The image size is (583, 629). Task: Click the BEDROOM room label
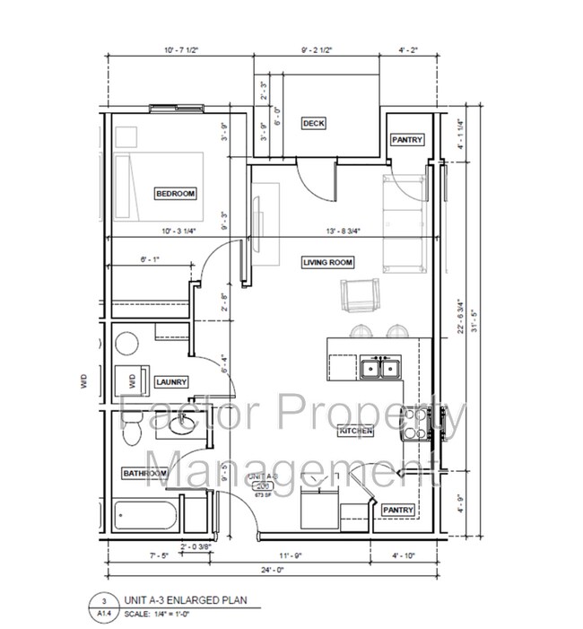click(175, 194)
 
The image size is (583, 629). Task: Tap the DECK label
click(313, 124)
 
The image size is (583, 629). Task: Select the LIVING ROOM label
click(327, 263)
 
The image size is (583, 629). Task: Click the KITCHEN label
click(356, 432)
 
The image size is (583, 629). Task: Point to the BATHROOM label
click(144, 473)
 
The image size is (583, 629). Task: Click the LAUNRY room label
click(170, 382)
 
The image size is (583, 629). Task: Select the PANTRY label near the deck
click(406, 141)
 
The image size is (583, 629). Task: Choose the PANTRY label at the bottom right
click(397, 510)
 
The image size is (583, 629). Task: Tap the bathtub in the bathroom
click(146, 517)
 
